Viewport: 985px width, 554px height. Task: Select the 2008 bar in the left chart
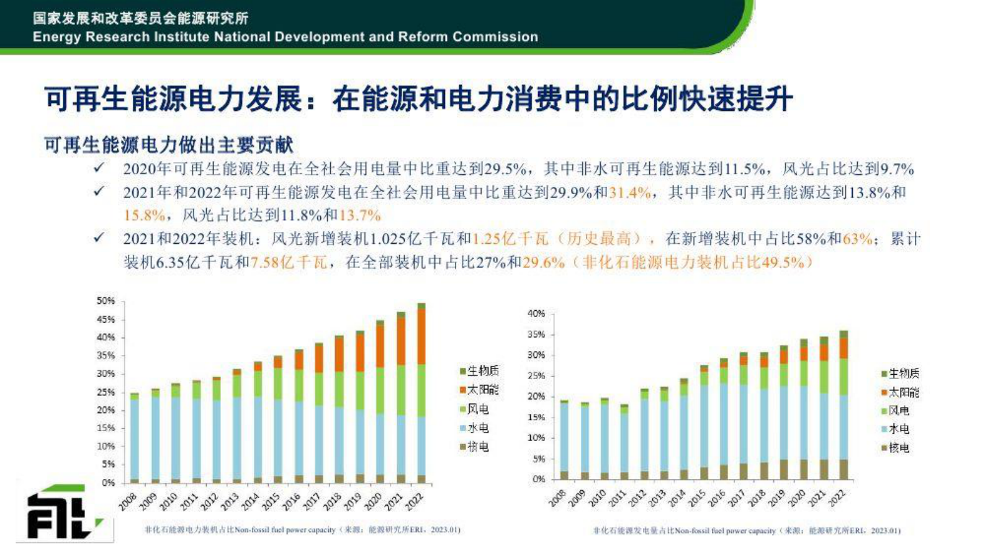coord(134,438)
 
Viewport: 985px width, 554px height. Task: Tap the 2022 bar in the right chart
coord(843,406)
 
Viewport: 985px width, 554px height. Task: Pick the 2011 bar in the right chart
coord(624,442)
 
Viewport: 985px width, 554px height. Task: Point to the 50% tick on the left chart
coord(106,301)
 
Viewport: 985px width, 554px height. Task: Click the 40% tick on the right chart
coord(536,314)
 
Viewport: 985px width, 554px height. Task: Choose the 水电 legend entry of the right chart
coord(896,429)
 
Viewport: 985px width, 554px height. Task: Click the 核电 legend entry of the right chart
coord(896,447)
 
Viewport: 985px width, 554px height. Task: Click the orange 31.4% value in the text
coord(629,193)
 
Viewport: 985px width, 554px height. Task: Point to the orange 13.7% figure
coord(360,216)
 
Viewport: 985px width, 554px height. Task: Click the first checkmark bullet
coord(98,168)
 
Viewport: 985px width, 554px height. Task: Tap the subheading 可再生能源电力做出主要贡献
coord(169,145)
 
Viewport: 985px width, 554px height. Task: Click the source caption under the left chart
coord(302,530)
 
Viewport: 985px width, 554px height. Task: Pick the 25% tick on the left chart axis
coord(106,392)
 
